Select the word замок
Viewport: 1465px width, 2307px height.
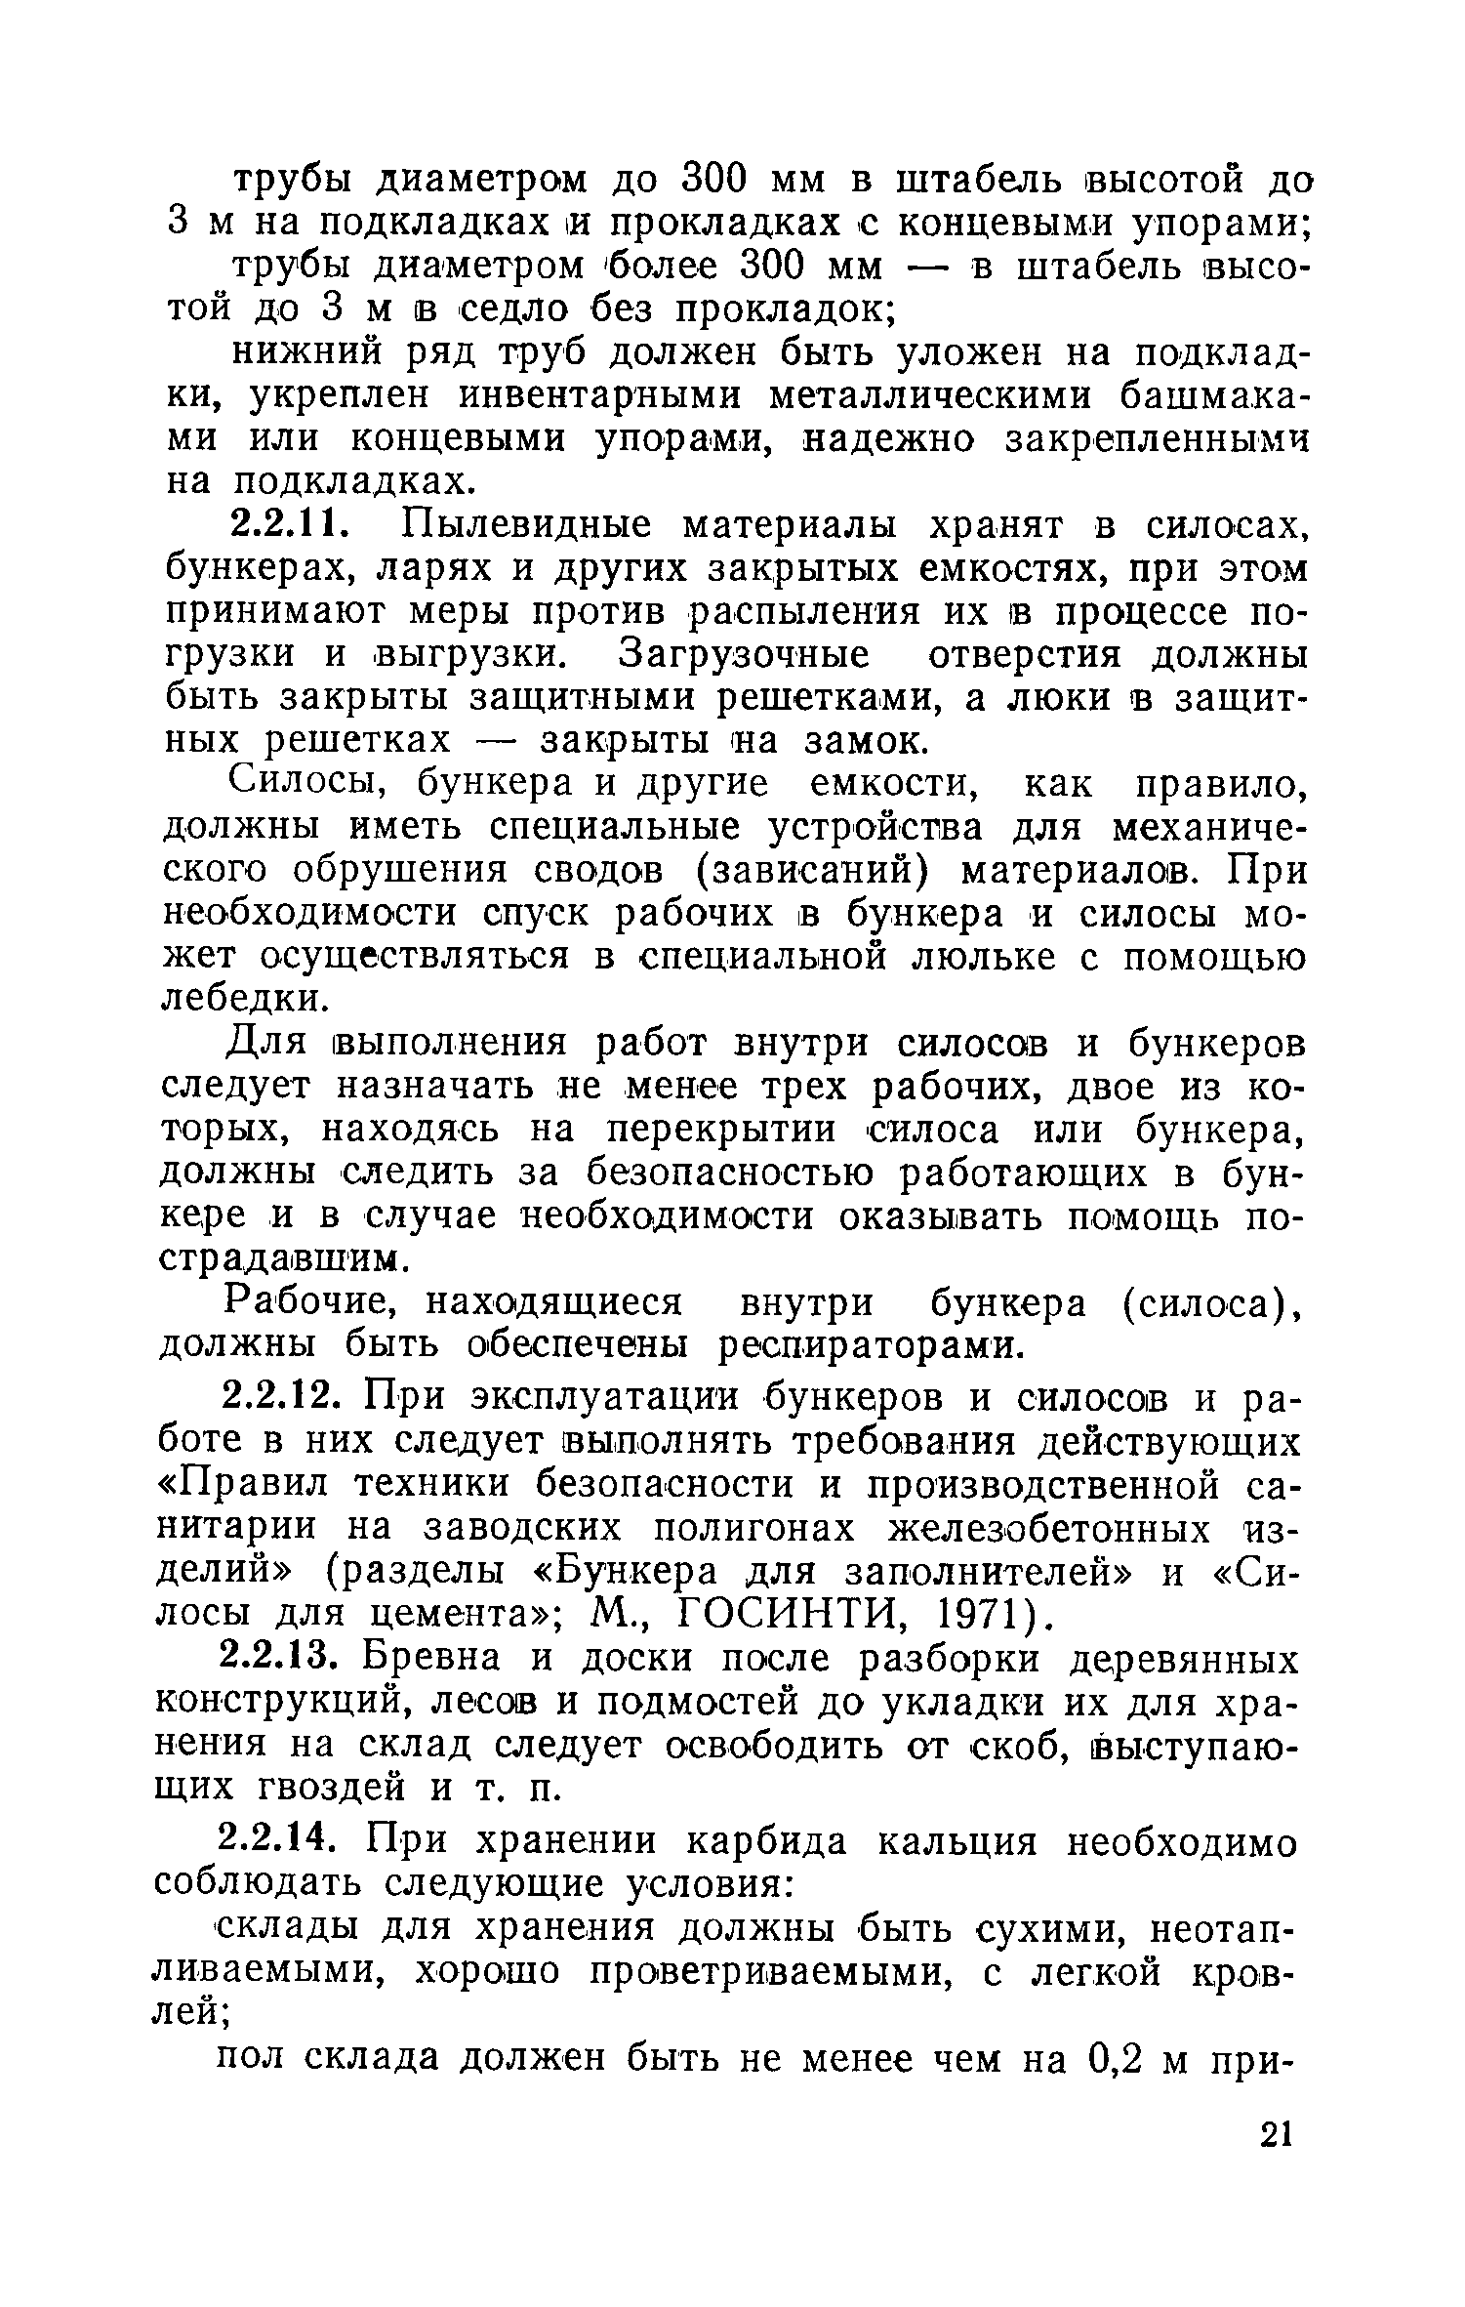[862, 742]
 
